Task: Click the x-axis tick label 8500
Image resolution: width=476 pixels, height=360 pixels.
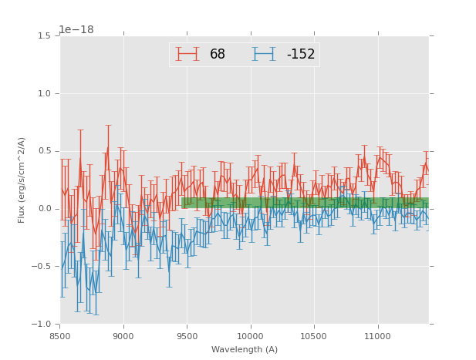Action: point(60,336)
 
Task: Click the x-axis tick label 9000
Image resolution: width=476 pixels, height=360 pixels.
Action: point(123,336)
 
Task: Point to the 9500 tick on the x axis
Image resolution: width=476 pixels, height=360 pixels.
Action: point(187,336)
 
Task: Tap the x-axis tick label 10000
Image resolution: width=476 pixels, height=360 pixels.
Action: point(250,336)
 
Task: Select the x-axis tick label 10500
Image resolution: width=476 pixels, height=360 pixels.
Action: point(314,336)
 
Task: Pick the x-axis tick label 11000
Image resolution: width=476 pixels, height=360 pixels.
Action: point(377,336)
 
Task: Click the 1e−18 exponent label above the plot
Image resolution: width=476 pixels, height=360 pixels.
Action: point(76,30)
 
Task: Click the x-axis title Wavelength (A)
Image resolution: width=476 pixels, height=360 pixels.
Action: point(244,350)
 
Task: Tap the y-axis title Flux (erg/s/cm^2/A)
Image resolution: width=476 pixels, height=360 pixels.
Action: point(22,180)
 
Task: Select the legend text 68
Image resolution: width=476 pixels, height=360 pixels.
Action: point(218,55)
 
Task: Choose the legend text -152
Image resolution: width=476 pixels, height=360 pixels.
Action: point(301,55)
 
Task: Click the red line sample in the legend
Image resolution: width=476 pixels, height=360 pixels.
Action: point(187,54)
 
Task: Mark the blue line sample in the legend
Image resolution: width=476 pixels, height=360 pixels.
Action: point(264,54)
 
